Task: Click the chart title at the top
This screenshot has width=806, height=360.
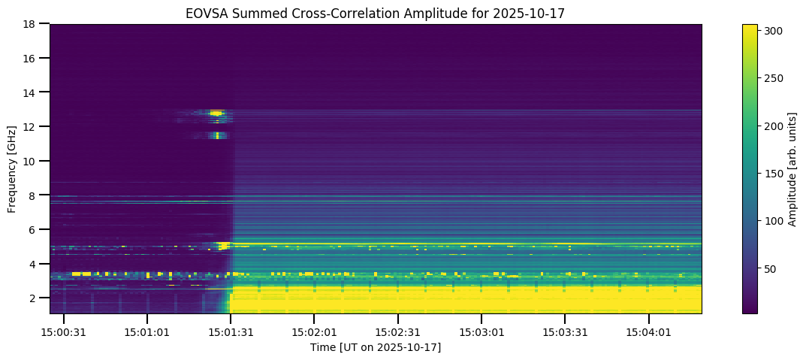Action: [376, 14]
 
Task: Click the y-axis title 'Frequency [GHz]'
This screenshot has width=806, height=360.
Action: [13, 168]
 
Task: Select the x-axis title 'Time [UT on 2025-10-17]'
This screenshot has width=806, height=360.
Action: [376, 347]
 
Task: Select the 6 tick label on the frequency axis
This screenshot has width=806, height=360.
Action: [33, 230]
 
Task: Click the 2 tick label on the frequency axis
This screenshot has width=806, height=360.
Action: [33, 298]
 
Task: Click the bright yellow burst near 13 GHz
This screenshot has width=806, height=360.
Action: [216, 113]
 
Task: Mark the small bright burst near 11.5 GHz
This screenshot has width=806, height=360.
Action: [217, 136]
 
